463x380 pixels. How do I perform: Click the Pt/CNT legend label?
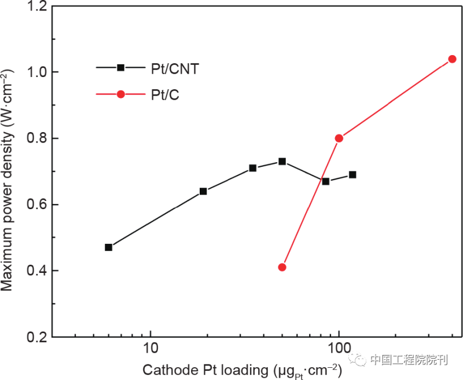[x=172, y=68]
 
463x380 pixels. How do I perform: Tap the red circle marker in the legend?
[x=121, y=94]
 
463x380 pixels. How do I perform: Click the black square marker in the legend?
[x=121, y=67]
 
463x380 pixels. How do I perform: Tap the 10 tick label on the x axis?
[x=150, y=350]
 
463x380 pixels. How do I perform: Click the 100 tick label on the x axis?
[x=339, y=350]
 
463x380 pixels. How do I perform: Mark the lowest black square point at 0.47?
[x=108, y=247]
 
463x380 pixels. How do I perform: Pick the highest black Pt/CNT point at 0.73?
[x=282, y=161]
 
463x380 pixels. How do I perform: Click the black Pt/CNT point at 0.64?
[x=203, y=191]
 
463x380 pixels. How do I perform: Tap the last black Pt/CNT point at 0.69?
[x=352, y=174]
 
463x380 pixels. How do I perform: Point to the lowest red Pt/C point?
[x=282, y=267]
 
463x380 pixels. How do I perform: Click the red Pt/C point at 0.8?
[x=339, y=138]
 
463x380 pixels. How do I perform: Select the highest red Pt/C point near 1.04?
[x=453, y=59]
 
